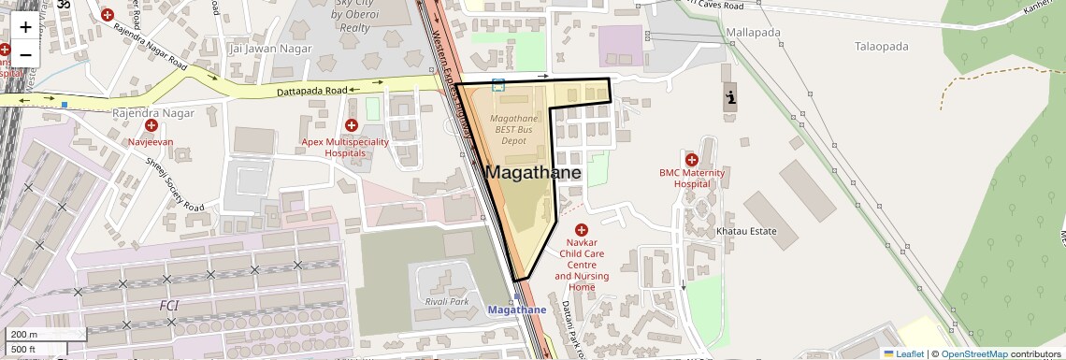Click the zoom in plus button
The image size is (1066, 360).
tap(25, 27)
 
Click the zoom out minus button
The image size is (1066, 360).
tap(25, 54)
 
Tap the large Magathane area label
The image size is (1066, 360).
tap(532, 173)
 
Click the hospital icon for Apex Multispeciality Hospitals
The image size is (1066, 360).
tap(352, 125)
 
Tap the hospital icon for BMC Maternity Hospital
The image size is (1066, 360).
tap(692, 160)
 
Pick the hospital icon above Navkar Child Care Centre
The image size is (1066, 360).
tap(582, 229)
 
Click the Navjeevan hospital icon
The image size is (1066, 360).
tap(151, 125)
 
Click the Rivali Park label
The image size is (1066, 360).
tap(447, 301)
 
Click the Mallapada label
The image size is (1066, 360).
tap(753, 32)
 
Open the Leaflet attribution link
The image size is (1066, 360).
tap(903, 353)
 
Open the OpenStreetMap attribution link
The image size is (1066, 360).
tap(974, 353)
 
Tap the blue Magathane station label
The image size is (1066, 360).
tap(517, 310)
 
